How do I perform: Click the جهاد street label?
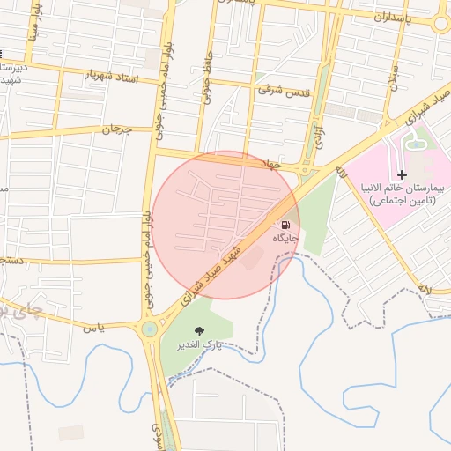[270, 164]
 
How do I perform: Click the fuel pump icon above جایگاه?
[285, 224]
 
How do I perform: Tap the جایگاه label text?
[285, 238]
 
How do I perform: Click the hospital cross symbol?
[403, 174]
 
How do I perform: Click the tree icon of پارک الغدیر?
[198, 332]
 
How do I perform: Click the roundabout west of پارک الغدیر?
[149, 329]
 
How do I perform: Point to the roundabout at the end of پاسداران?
[442, 23]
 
